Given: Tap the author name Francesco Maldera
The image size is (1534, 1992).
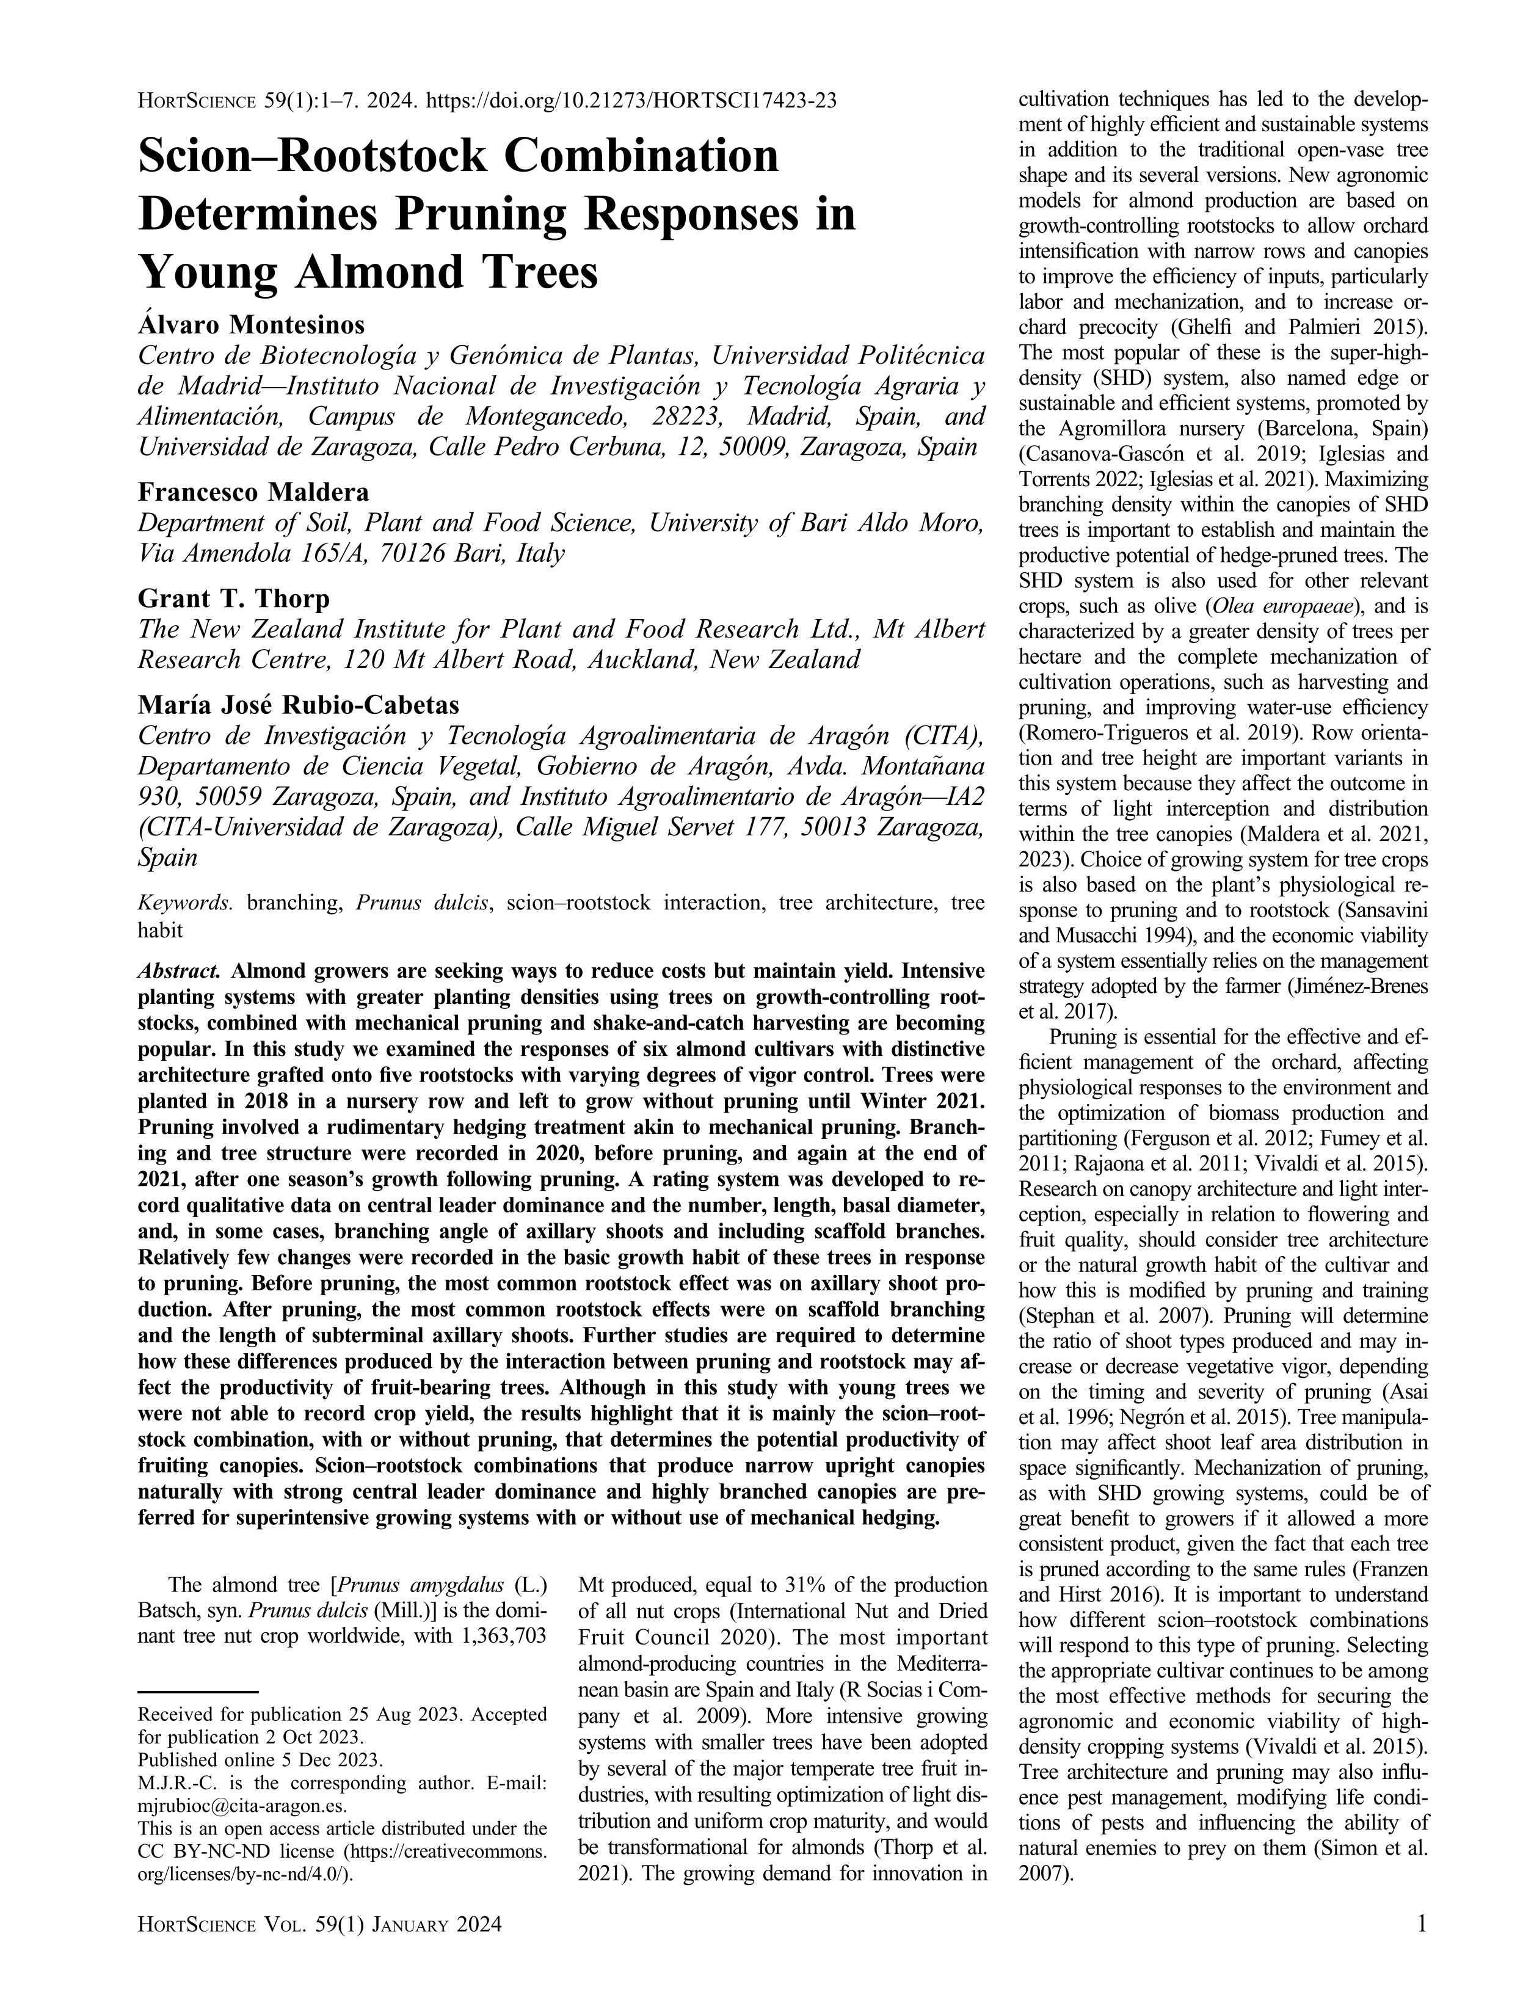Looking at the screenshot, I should [253, 493].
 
